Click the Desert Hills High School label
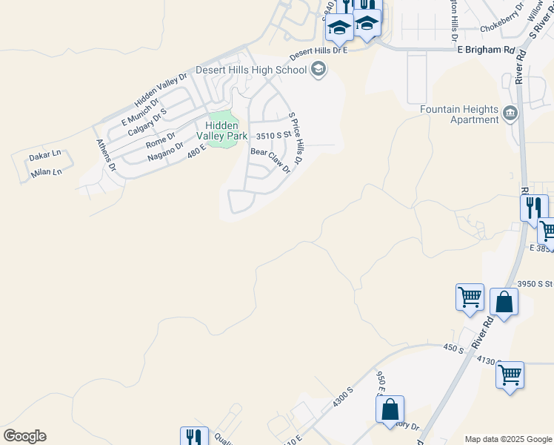(251, 70)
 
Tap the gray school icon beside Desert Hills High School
(319, 70)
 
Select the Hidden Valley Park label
(221, 131)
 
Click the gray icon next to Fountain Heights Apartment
(510, 113)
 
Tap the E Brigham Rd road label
(485, 49)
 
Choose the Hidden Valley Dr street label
(161, 90)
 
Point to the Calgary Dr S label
(147, 122)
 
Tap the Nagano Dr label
(164, 149)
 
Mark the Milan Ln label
(46, 172)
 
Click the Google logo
(24, 436)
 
